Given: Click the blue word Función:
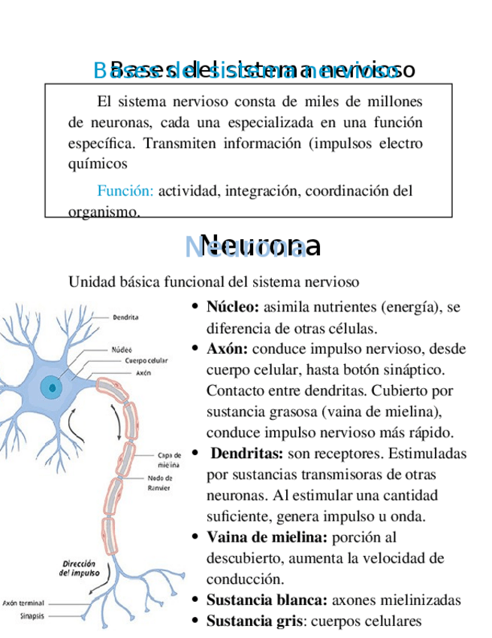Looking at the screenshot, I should pos(125,191).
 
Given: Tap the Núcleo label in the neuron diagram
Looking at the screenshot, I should pos(122,349).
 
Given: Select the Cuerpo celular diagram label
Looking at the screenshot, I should pos(146,360).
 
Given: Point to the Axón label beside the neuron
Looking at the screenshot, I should pos(144,372).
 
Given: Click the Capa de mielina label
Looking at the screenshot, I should pos(169,459).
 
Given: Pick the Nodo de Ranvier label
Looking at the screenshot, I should pos(159,482).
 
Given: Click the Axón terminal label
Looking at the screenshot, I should pos(23,602).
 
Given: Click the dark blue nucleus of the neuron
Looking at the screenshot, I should pos(52,388).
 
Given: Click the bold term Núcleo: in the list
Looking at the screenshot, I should pos(233,307).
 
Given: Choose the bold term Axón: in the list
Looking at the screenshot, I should pos(228,349).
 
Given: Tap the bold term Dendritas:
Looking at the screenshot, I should pos(246,454).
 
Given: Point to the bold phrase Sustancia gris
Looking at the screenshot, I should pos(254,621).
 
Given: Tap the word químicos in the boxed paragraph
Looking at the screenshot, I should pos(98,163).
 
